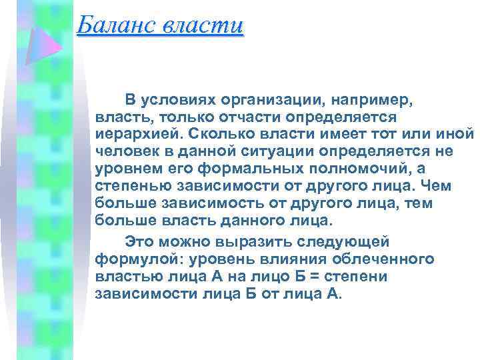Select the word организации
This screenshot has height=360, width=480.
coord(264,99)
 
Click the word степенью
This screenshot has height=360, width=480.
coord(129,186)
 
